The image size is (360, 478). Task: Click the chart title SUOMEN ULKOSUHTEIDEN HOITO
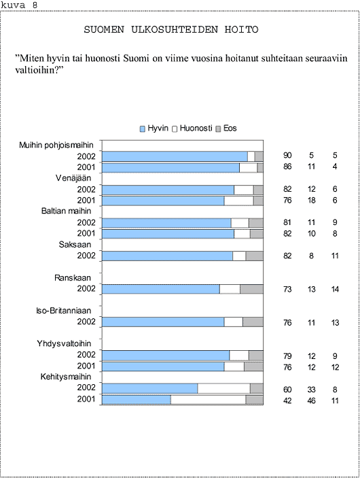(171, 29)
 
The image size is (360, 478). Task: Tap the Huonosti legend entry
(192, 129)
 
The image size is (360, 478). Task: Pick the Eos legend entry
(226, 129)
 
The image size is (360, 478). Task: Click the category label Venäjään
(73, 178)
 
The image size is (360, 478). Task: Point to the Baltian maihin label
(66, 211)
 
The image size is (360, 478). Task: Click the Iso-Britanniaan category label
(64, 311)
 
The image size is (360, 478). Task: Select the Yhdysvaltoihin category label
(64, 343)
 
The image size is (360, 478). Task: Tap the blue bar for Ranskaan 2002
(161, 289)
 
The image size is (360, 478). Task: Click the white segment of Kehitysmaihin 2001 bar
(209, 400)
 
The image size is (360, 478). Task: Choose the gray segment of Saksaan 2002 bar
(254, 256)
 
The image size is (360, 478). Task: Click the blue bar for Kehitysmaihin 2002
(150, 389)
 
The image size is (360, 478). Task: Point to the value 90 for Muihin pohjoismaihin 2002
(287, 156)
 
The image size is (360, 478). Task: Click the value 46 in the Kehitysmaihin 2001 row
(311, 400)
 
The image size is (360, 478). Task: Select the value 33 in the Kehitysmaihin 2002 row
(311, 390)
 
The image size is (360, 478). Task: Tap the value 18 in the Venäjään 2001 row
(311, 201)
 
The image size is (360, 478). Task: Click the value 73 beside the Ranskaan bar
(287, 289)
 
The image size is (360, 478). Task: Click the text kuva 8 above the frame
(19, 5)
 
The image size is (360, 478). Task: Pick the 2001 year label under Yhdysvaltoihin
(86, 366)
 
